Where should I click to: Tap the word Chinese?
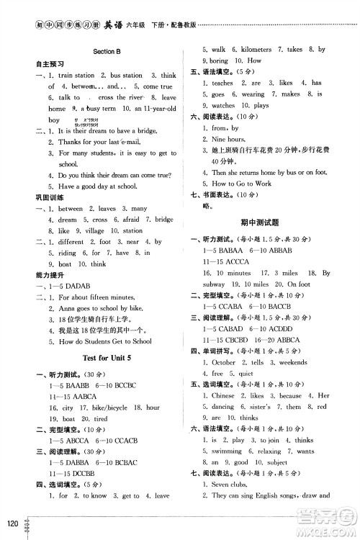pos(225,395)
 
